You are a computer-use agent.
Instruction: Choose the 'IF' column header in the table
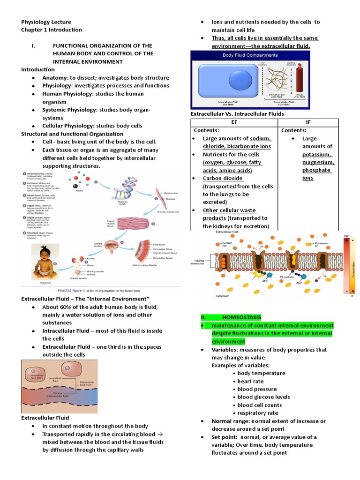coord(308,122)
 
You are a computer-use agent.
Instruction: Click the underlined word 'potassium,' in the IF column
coord(317,154)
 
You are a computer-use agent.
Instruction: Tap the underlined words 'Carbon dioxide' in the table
coord(223,178)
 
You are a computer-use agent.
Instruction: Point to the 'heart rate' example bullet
coord(250,381)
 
